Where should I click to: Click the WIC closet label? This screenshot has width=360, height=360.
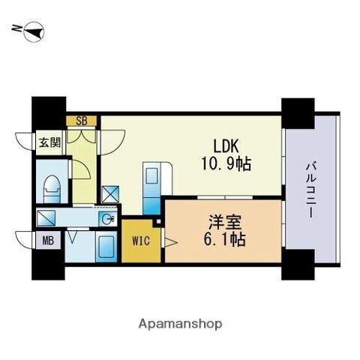141,241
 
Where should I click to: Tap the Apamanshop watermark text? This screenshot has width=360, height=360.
180,324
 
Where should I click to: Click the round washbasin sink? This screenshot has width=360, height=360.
108,219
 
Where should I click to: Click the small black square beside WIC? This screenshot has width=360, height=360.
157,222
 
